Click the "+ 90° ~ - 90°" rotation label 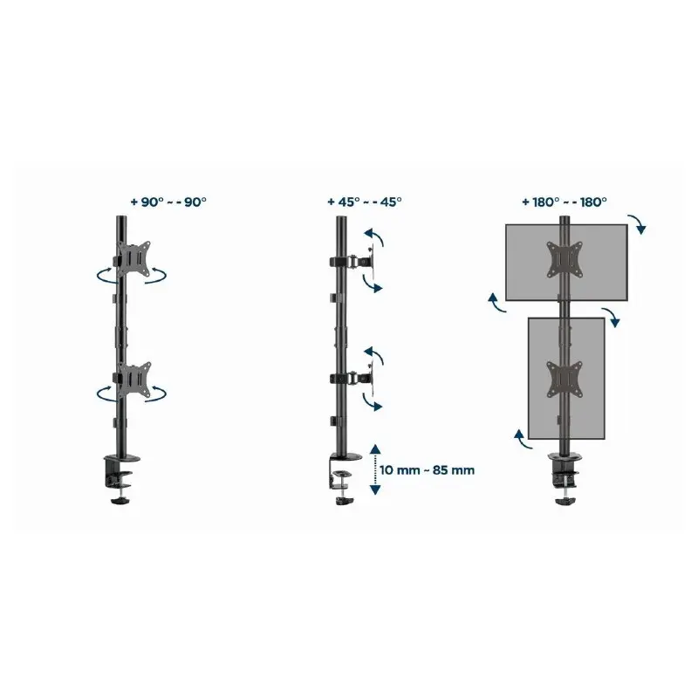click(168, 202)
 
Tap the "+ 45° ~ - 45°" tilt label click(365, 202)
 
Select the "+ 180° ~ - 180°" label click(565, 202)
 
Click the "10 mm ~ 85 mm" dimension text click(427, 470)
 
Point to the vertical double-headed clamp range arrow click(375, 469)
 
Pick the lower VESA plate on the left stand click(134, 380)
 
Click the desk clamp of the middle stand click(345, 479)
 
